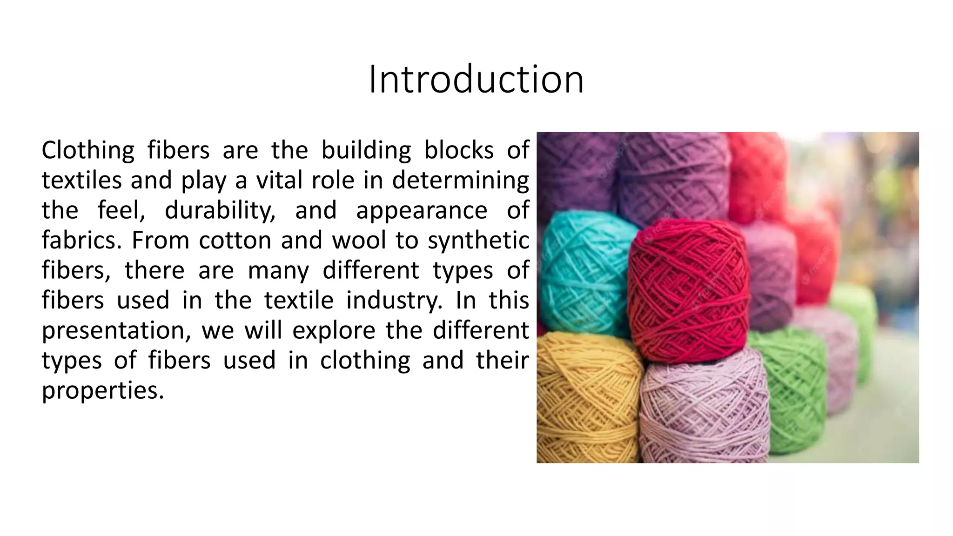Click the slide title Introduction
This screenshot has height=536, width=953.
pyautogui.click(x=476, y=80)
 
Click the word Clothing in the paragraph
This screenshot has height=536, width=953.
pyautogui.click(x=88, y=151)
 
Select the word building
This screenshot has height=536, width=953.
pyautogui.click(x=366, y=151)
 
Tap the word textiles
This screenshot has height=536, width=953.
pyautogui.click(x=81, y=181)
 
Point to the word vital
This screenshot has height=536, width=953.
pyautogui.click(x=279, y=181)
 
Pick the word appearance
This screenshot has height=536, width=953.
pyautogui.click(x=422, y=211)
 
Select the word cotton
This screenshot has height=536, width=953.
pyautogui.click(x=235, y=241)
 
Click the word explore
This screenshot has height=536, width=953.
pyautogui.click(x=334, y=331)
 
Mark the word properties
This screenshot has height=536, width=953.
pyautogui.click(x=103, y=391)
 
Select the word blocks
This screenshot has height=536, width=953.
pyautogui.click(x=458, y=151)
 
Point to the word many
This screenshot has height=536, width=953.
pyautogui.click(x=278, y=271)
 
